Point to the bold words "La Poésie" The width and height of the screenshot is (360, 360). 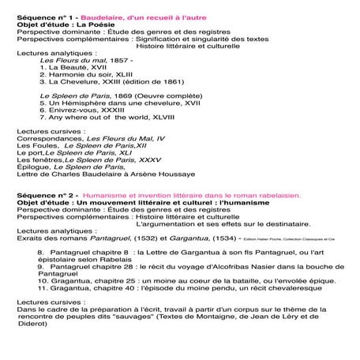click(92, 17)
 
